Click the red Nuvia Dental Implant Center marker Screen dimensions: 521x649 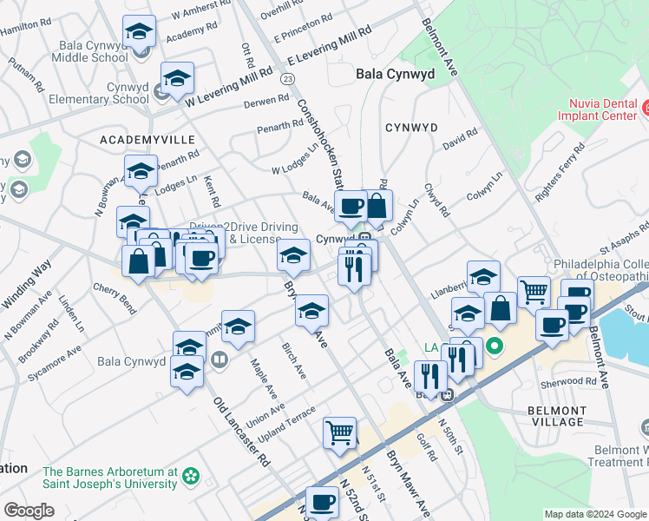click(x=646, y=109)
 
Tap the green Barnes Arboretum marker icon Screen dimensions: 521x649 click(x=190, y=476)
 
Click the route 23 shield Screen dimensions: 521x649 click(x=287, y=79)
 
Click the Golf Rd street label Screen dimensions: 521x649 click(x=424, y=448)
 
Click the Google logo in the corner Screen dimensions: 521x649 click(x=29, y=510)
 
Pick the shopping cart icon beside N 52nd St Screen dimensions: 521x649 click(x=340, y=432)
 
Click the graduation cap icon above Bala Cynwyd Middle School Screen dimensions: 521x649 click(x=139, y=33)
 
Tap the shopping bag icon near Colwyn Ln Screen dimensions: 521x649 click(x=377, y=206)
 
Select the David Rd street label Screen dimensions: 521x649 click(x=460, y=139)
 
